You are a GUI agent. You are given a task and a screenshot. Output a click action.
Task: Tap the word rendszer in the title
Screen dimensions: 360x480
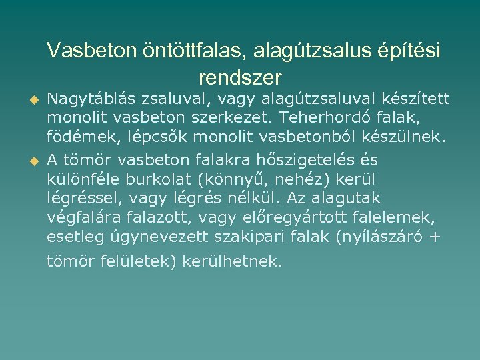click(x=240, y=78)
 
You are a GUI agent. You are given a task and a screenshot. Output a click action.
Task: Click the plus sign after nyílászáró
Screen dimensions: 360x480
click(x=435, y=236)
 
